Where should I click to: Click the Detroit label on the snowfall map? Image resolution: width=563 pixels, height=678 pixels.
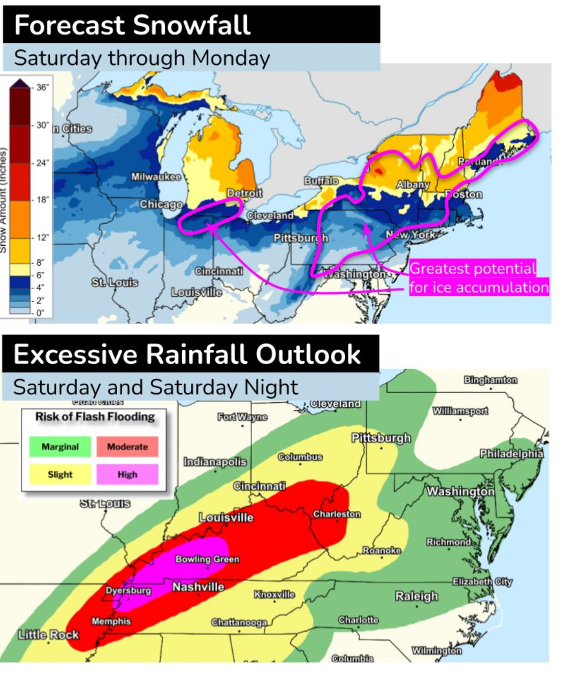245,193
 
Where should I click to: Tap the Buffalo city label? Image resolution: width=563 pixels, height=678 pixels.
321,181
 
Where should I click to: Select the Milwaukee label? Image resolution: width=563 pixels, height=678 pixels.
156,177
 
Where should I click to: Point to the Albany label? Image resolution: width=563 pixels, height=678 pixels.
413,184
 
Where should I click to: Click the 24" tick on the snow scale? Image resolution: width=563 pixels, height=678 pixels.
42,163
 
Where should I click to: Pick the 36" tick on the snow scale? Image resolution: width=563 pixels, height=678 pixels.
42,87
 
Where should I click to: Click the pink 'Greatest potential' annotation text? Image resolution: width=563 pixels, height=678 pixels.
473,268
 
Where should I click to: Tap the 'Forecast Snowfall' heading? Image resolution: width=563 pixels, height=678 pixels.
132,25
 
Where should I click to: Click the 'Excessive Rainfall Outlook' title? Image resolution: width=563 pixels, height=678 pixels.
187,355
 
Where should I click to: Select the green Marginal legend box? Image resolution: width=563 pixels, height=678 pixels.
60,447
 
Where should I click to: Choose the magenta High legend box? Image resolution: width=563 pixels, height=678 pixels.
127,474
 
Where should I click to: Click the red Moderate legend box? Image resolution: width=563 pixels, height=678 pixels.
127,447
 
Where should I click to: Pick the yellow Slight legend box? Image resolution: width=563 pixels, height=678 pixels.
60,474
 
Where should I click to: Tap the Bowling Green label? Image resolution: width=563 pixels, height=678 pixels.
208,559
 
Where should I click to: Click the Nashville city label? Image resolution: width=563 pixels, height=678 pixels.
198,587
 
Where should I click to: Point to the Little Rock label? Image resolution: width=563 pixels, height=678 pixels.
48,635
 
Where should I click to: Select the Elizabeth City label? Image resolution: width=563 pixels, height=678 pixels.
482,582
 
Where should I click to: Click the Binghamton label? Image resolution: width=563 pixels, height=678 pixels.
490,380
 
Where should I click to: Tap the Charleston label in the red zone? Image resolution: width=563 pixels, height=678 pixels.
337,514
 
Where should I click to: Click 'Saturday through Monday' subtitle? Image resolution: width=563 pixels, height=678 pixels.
142,58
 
